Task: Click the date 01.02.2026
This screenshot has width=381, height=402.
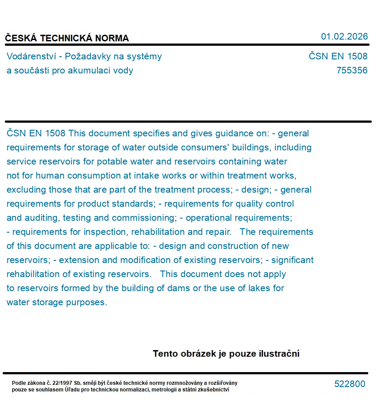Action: tap(344, 37)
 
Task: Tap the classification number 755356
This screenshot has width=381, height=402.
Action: tap(351, 70)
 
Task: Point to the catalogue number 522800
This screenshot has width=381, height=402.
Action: tap(350, 384)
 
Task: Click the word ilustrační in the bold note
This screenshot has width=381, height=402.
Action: tap(279, 354)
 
